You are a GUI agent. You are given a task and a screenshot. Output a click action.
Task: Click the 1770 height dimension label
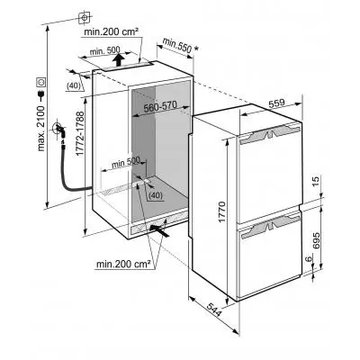click(221, 212)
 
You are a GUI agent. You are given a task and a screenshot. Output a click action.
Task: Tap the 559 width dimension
click(276, 103)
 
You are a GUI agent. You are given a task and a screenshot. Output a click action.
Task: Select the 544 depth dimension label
click(214, 310)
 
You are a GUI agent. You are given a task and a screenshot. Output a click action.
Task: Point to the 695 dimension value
click(316, 240)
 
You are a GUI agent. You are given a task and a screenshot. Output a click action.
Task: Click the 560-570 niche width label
click(160, 106)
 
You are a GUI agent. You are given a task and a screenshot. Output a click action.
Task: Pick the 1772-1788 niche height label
click(80, 133)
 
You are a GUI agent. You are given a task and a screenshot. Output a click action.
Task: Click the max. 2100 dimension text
click(41, 125)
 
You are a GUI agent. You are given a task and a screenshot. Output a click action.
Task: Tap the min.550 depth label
click(177, 45)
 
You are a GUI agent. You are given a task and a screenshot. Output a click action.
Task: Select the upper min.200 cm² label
click(111, 31)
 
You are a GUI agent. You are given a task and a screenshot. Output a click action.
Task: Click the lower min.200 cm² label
click(123, 264)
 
